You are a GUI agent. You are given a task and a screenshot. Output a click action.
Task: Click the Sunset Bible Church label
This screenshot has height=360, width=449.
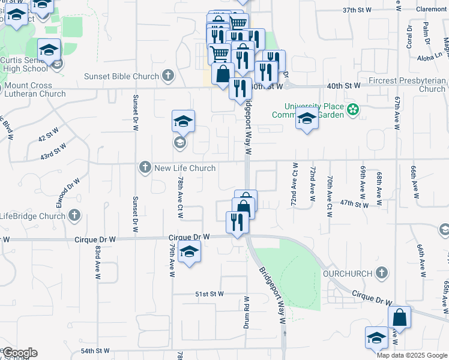tap(121, 76)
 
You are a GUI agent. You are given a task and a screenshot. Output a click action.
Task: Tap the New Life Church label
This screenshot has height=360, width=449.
tap(185, 168)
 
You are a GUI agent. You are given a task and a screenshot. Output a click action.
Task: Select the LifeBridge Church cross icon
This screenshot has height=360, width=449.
tap(74, 215)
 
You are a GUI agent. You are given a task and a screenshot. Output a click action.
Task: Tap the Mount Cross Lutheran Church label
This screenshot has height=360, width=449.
tap(34, 90)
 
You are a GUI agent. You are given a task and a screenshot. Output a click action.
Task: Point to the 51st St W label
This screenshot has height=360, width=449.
tap(209, 294)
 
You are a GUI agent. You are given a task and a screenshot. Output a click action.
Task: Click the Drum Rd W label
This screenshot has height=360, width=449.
tap(246, 310)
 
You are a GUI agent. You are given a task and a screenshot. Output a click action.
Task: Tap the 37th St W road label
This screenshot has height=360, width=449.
tap(358, 10)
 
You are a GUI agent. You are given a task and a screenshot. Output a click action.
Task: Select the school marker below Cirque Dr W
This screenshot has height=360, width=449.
tap(189, 252)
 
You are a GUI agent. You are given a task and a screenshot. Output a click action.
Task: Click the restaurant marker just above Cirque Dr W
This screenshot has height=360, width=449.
tap(237, 223)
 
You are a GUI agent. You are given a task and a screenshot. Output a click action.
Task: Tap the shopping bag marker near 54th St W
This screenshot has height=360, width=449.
tap(399, 317)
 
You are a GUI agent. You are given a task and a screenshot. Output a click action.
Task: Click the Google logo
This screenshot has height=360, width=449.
tap(20, 353)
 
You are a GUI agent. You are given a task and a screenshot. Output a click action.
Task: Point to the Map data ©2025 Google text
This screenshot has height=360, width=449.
tap(411, 355)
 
